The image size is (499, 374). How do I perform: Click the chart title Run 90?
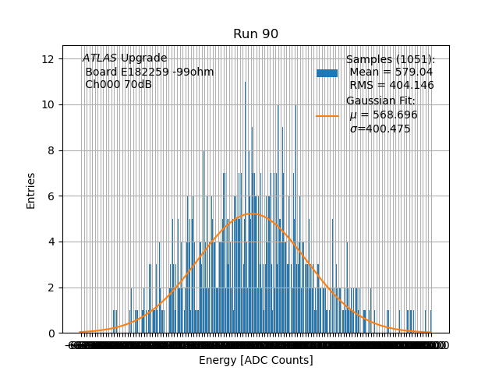pos(256,34)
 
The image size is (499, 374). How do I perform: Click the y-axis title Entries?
pos(31,190)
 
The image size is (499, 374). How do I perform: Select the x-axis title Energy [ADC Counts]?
pos(256,360)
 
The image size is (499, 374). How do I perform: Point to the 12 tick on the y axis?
pos(48,59)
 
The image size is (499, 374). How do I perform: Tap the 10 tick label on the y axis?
pos(48,105)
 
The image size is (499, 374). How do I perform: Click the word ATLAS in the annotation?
pos(100,58)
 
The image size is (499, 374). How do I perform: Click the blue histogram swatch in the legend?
pos(327,73)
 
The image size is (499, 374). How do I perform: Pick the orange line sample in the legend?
pos(327,115)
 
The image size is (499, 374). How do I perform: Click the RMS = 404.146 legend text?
pos(391,86)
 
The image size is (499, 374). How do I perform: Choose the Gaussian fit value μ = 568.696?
pos(384,115)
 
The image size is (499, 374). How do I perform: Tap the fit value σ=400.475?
pos(380,129)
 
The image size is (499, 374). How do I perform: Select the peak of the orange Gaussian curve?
pos(252,213)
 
